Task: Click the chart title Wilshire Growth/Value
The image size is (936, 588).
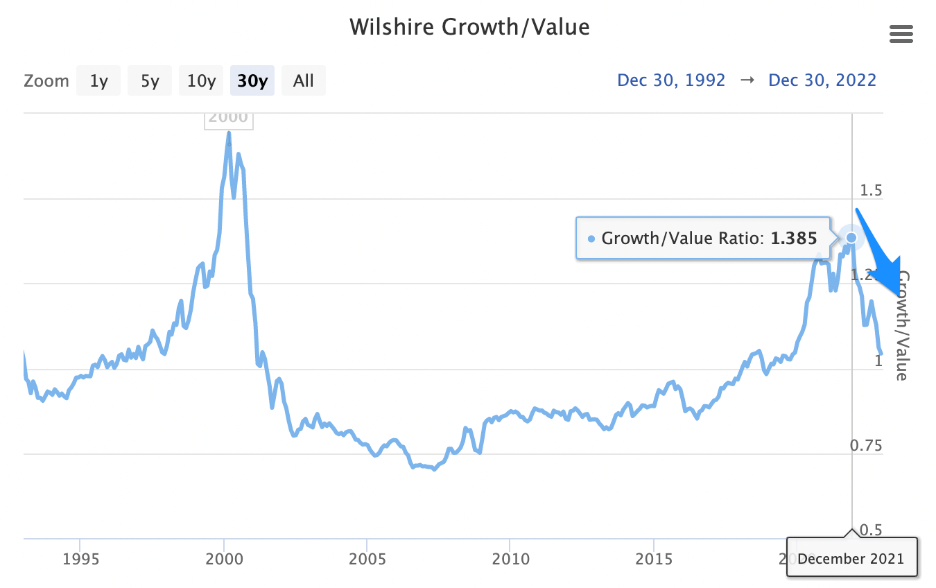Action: coord(469,27)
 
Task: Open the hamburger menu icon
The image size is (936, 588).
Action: coord(901,34)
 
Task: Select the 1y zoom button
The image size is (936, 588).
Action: coord(98,81)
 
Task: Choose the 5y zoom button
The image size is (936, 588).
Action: coord(150,81)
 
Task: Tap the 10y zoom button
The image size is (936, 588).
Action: coord(201,81)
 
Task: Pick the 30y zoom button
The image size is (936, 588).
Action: coord(252,81)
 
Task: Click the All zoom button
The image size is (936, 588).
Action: coord(303,81)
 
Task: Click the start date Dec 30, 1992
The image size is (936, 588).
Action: coord(671,80)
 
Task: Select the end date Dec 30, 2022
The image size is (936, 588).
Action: coord(822,80)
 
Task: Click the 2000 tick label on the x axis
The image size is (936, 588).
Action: coord(223,559)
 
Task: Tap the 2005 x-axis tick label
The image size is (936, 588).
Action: coord(367,559)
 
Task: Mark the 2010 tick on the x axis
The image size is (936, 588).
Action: coord(510,559)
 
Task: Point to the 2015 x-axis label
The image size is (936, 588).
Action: coord(654,559)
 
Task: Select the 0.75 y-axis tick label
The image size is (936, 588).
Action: coord(866,445)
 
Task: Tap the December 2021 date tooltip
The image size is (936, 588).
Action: coord(851,558)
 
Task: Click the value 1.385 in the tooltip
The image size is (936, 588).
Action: coord(794,239)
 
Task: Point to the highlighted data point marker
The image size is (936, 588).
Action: coord(851,238)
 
